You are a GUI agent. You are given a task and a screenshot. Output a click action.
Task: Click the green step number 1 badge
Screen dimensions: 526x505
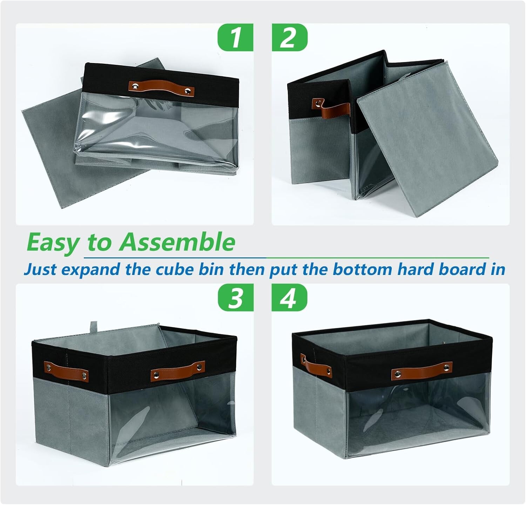(x=235, y=37)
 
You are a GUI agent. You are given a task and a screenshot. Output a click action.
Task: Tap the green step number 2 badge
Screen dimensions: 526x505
(x=289, y=37)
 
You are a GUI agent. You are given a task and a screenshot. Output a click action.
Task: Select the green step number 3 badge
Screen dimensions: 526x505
(x=235, y=297)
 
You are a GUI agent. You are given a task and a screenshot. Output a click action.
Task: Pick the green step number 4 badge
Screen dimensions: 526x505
(x=289, y=297)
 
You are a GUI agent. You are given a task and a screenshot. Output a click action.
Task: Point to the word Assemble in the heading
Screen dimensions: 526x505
(x=177, y=242)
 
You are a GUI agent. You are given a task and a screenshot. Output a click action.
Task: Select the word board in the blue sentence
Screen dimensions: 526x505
(x=461, y=269)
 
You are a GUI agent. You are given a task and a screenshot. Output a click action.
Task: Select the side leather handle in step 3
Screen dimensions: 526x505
(x=66, y=372)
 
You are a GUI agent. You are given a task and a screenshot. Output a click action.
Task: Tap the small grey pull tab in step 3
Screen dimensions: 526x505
(x=94, y=327)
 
